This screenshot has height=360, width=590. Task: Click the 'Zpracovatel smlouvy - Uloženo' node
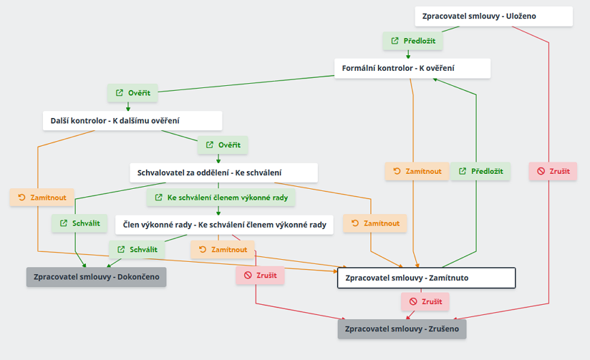[x=493, y=16]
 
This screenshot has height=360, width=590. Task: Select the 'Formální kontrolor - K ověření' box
[x=412, y=69]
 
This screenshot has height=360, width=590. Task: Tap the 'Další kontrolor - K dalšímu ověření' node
[x=132, y=120]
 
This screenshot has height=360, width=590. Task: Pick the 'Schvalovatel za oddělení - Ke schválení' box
[x=223, y=172]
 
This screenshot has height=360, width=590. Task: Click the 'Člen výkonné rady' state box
[x=224, y=225]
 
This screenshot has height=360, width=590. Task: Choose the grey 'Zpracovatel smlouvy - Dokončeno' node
[x=96, y=277]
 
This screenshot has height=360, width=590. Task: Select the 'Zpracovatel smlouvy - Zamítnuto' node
[x=426, y=278]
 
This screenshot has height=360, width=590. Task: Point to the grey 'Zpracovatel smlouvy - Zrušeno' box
[x=402, y=329]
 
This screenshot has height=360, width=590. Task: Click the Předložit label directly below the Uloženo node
[x=412, y=42]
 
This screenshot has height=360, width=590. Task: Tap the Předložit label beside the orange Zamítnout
[x=480, y=171]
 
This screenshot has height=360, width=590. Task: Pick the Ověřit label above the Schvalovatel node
[x=223, y=145]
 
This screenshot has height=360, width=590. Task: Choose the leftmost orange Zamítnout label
[x=42, y=198]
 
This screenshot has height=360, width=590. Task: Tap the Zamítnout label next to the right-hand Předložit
[x=417, y=171]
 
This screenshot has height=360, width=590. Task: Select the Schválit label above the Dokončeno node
[x=137, y=250]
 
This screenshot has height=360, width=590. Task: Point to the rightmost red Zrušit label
[x=553, y=171]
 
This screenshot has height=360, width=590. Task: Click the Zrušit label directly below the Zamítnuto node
[x=425, y=302]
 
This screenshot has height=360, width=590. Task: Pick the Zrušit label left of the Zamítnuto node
[x=261, y=276]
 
